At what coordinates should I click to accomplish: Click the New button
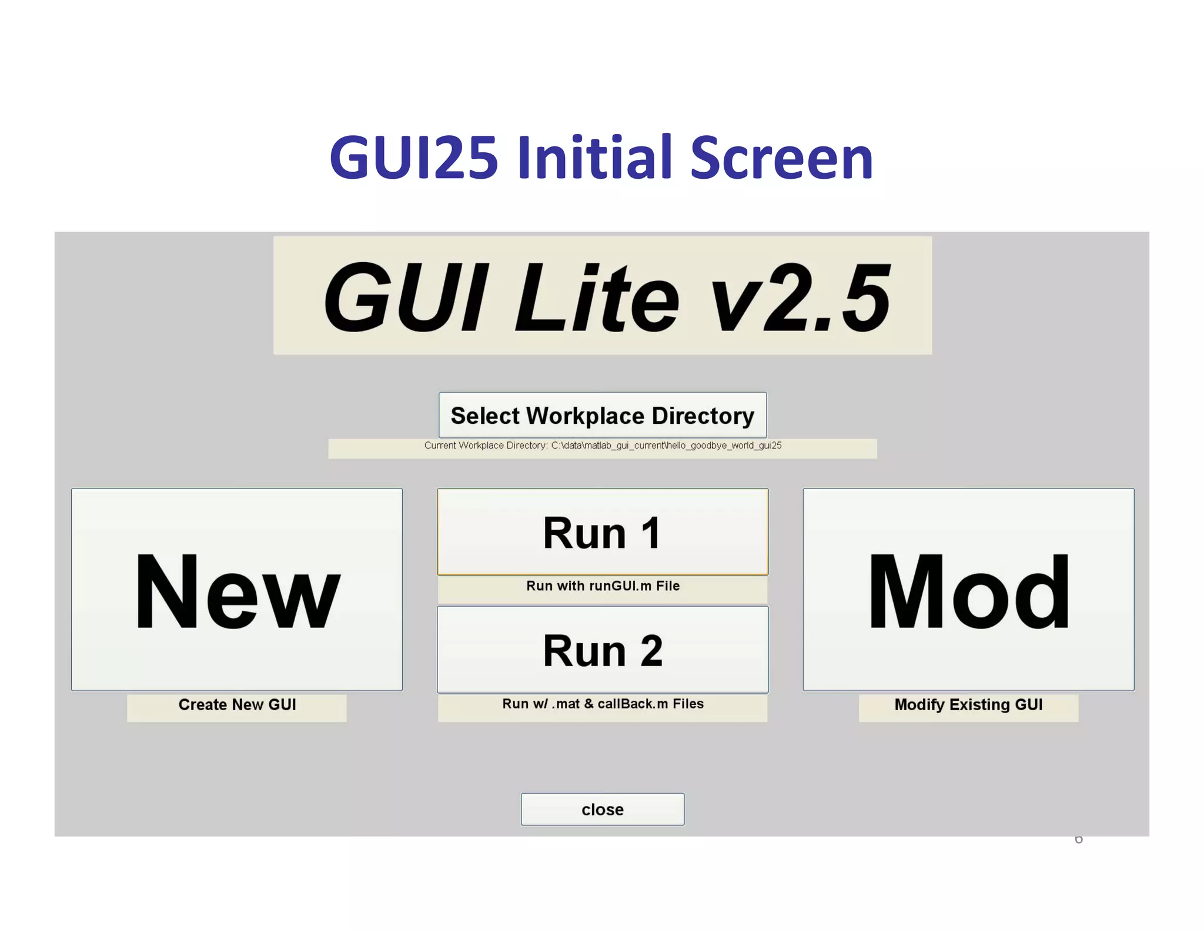click(x=237, y=590)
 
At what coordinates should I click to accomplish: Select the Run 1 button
click(x=603, y=532)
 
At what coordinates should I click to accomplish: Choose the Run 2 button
click(x=603, y=650)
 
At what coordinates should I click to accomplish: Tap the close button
click(x=603, y=809)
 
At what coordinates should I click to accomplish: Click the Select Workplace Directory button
click(x=603, y=416)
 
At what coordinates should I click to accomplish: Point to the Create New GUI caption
click(x=237, y=704)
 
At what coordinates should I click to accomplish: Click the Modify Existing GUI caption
click(x=968, y=704)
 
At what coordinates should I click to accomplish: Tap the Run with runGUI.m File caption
click(x=603, y=586)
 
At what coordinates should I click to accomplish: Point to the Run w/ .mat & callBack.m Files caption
click(x=603, y=704)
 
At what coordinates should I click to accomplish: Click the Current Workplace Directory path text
click(x=603, y=446)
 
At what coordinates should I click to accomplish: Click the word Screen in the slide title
click(x=781, y=158)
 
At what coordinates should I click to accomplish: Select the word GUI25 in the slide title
click(x=414, y=158)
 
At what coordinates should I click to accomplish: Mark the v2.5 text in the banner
click(x=801, y=298)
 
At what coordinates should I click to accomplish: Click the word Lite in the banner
click(x=596, y=298)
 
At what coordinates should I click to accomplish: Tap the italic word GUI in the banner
click(x=406, y=298)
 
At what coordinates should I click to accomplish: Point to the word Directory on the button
click(x=703, y=416)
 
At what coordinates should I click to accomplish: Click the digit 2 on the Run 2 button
click(x=651, y=651)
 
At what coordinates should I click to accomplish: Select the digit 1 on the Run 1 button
click(x=650, y=533)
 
